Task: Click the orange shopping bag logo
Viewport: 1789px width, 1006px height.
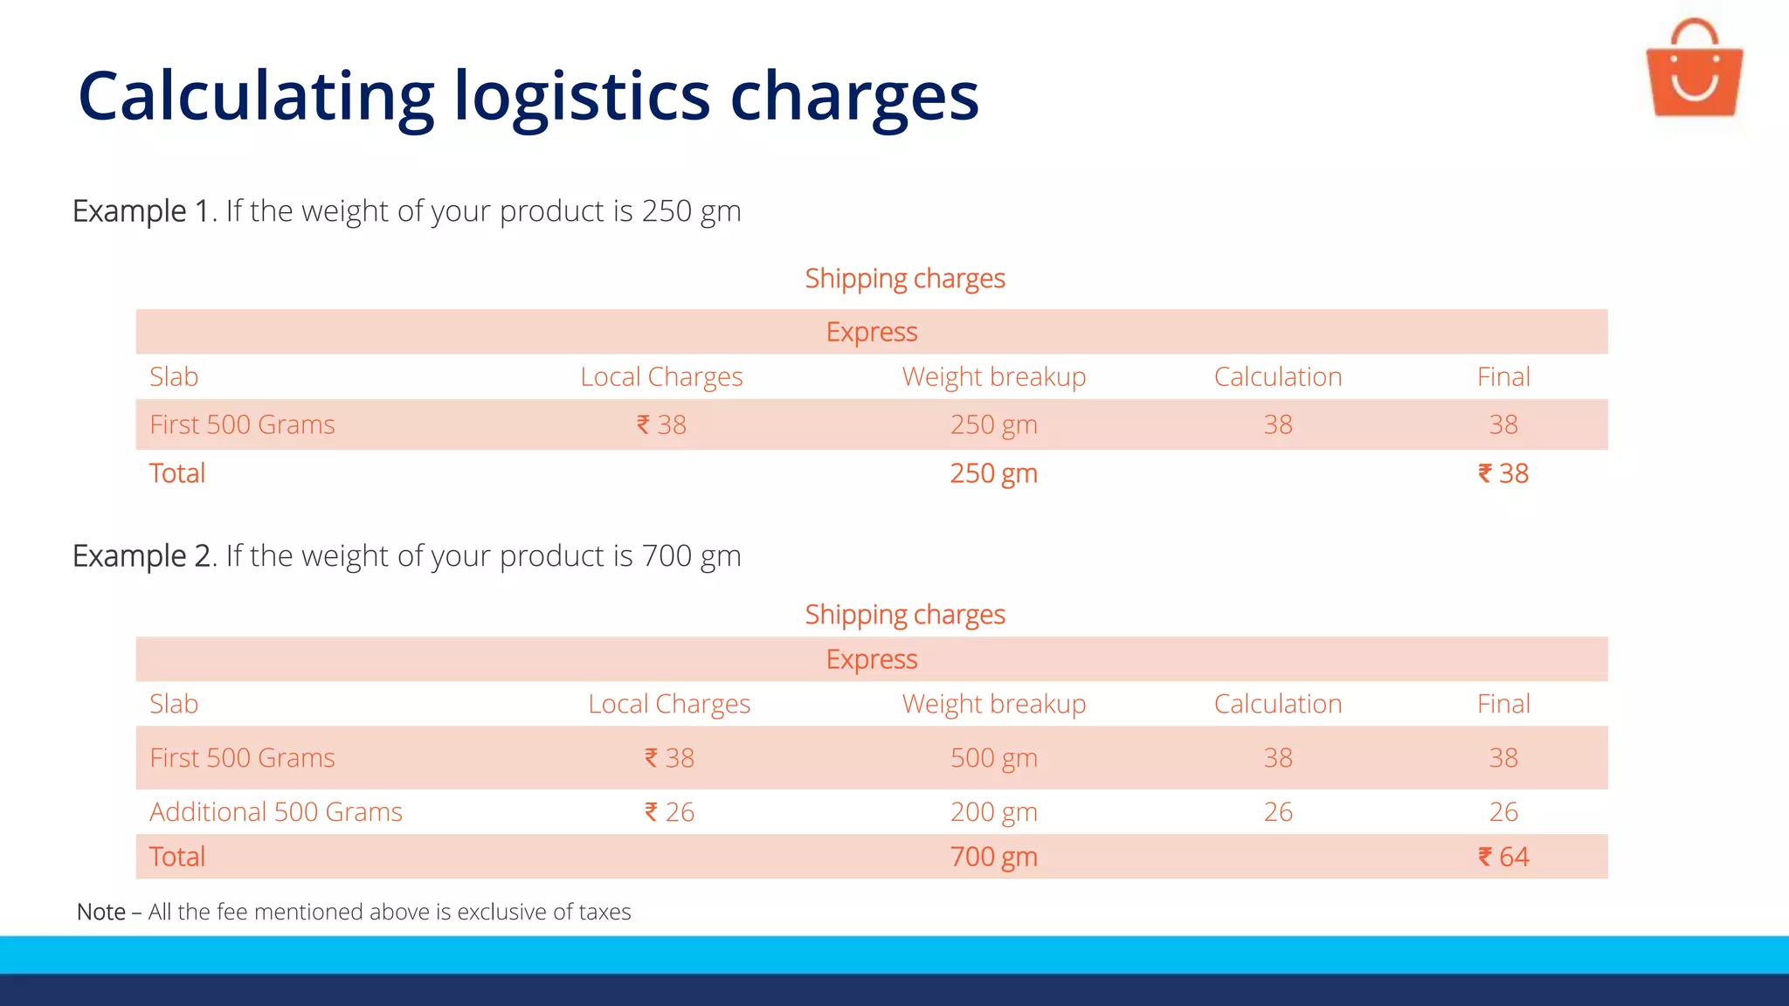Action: point(1694,70)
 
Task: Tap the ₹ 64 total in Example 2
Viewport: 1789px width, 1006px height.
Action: point(1502,857)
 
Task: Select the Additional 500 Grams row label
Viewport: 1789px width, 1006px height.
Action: point(275,812)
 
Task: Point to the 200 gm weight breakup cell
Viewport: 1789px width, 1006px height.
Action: point(993,812)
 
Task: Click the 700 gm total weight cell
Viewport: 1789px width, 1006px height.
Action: point(993,857)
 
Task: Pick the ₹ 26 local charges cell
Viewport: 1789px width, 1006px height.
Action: point(669,812)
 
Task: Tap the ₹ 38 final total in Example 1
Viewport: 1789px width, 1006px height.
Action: point(1502,473)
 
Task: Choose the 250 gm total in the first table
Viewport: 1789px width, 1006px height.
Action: point(993,473)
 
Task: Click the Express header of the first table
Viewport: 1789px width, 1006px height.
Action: point(872,332)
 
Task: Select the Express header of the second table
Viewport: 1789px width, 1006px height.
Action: point(872,659)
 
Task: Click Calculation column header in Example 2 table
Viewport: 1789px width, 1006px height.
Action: point(1277,704)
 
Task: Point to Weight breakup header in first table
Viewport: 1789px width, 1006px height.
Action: point(993,376)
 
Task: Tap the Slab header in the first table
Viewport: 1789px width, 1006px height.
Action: point(174,376)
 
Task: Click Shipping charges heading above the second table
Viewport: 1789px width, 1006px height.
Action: point(905,615)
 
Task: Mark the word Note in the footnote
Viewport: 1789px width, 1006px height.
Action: point(101,912)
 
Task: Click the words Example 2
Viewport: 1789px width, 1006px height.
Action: point(142,555)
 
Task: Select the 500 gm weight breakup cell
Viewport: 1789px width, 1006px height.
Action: point(993,758)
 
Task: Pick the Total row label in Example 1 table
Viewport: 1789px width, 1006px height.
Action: point(177,473)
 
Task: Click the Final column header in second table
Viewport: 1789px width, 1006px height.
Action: point(1502,704)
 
